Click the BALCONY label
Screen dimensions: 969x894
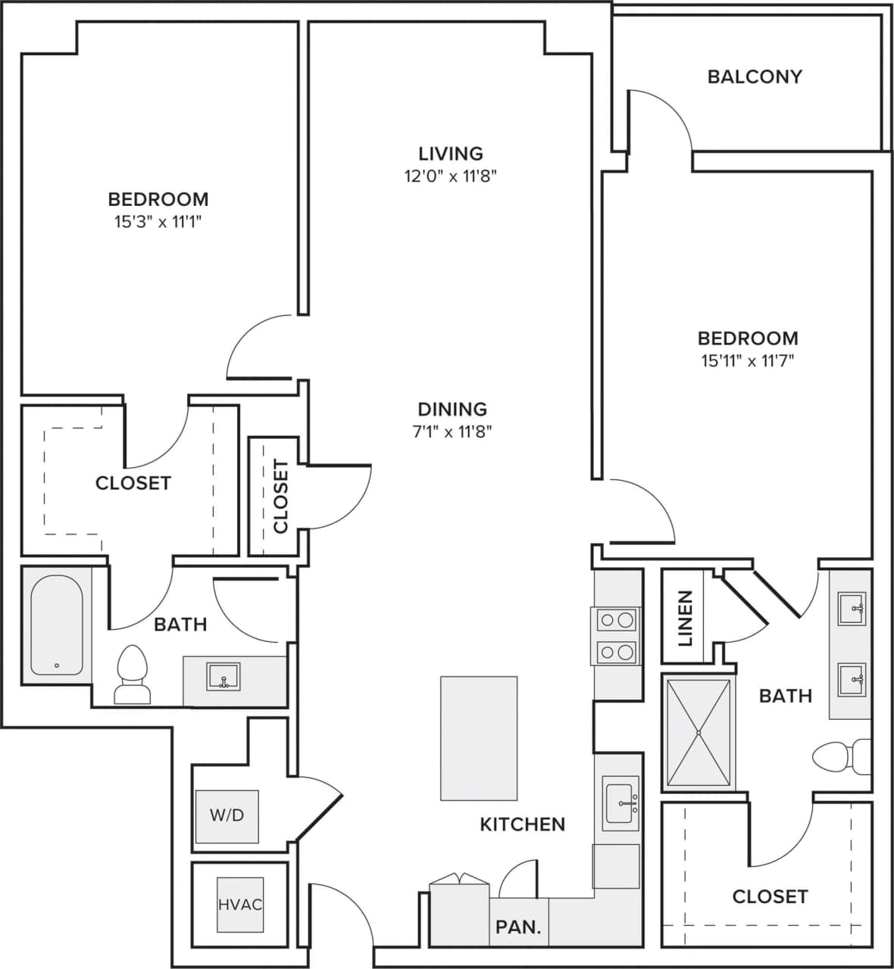tap(754, 76)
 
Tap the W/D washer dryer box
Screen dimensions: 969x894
tap(227, 816)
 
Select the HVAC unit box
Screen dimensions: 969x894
tap(240, 905)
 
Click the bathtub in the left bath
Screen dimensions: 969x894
tap(57, 625)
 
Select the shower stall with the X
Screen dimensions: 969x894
tap(698, 733)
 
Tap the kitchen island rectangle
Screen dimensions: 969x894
tap(479, 738)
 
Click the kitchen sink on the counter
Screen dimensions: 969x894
tap(621, 803)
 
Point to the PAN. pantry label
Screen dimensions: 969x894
tap(518, 927)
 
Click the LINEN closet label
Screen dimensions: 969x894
tap(685, 618)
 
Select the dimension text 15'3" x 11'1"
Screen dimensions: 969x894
tap(158, 223)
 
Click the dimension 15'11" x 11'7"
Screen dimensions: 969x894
tap(747, 361)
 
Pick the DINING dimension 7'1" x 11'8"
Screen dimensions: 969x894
tap(452, 432)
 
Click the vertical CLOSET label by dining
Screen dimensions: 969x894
tap(281, 497)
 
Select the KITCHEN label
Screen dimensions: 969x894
tap(523, 824)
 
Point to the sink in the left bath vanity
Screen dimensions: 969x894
tap(223, 676)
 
